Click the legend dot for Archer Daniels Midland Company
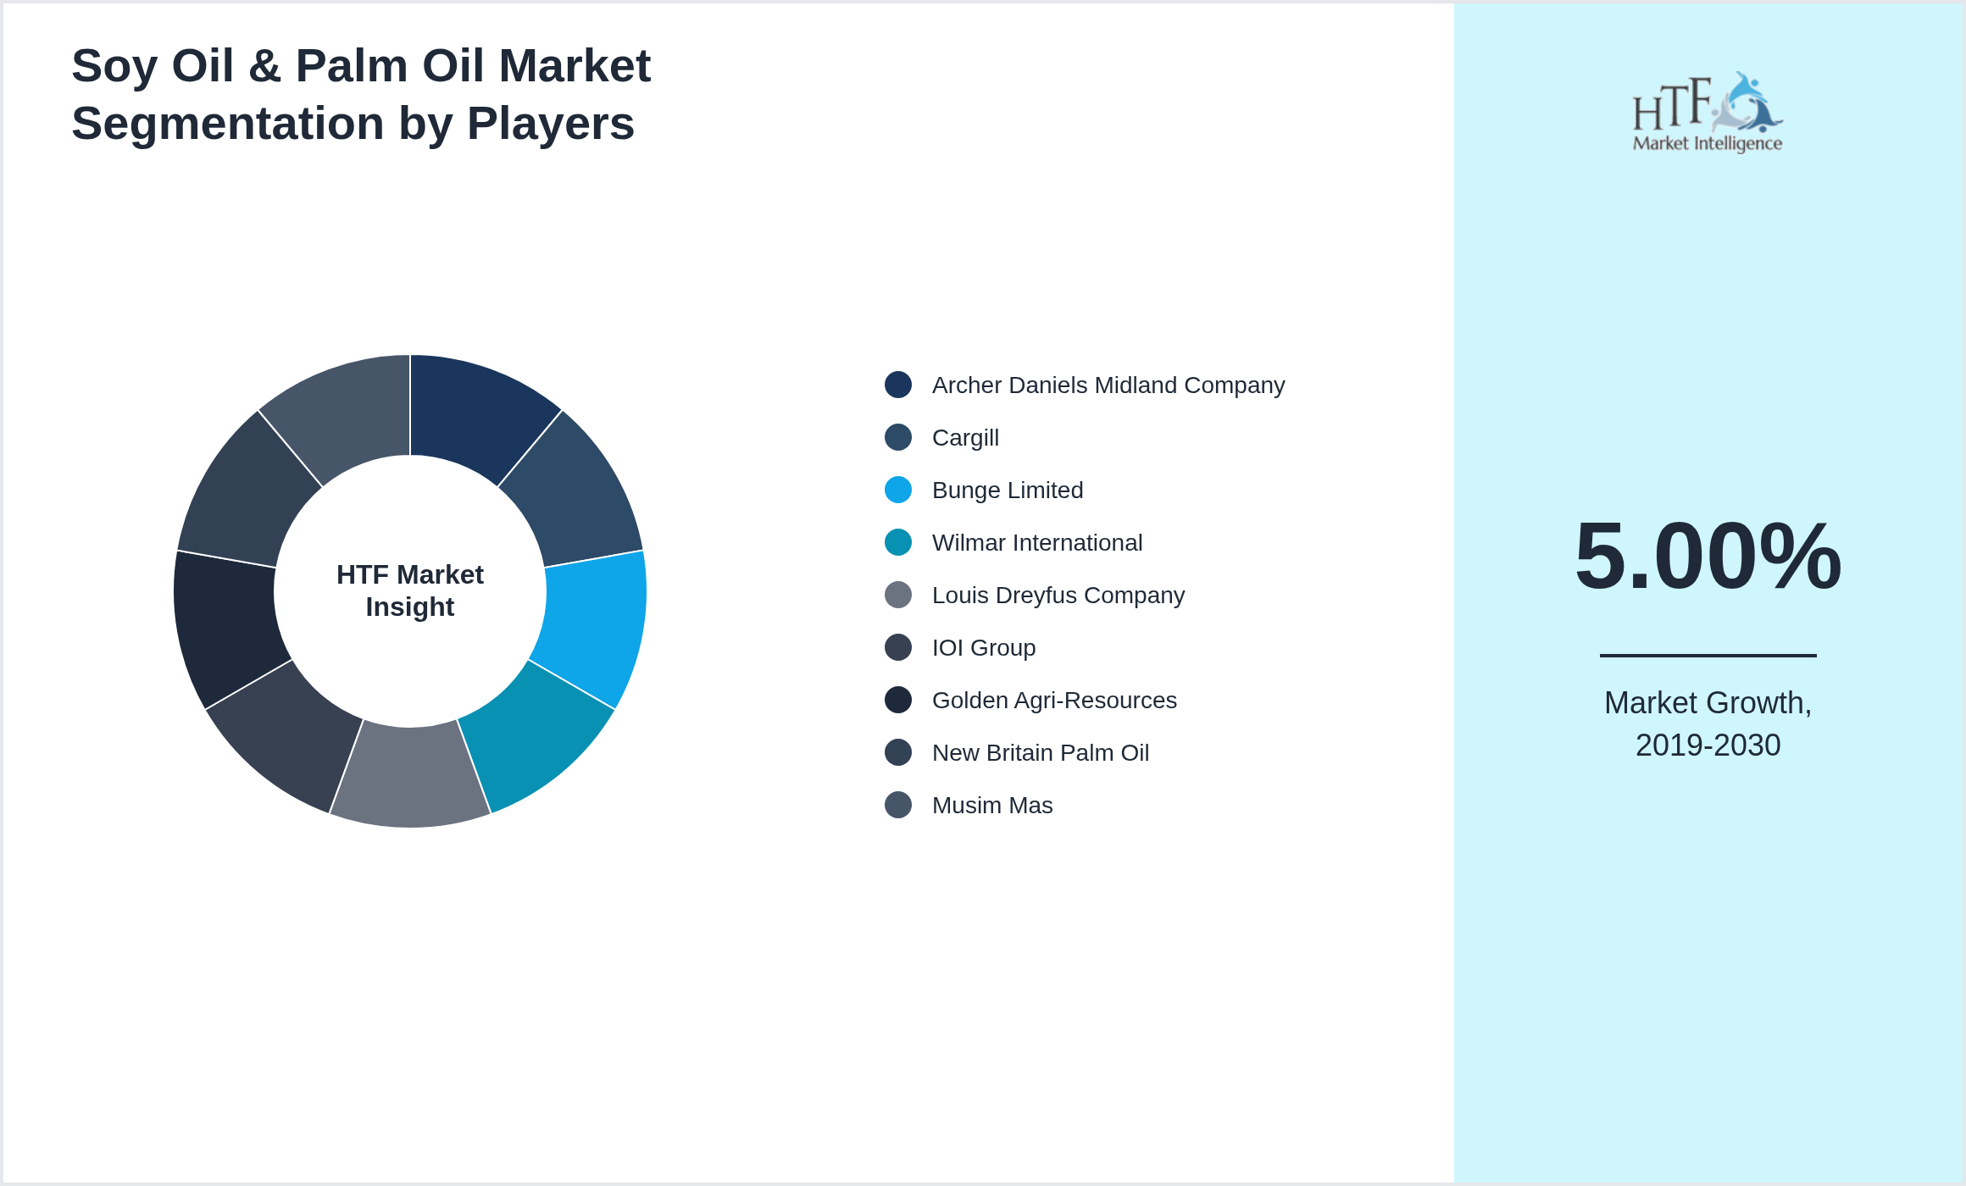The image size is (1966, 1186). tap(898, 385)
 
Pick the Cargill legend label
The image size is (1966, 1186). tap(965, 438)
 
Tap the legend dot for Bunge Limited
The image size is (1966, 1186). tap(898, 490)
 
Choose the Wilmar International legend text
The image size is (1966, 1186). tap(1036, 543)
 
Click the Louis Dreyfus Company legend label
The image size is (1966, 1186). tap(1058, 596)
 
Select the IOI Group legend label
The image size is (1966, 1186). tap(983, 648)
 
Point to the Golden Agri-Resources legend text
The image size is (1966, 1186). tap(1053, 701)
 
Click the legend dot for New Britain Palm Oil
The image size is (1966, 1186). tap(898, 752)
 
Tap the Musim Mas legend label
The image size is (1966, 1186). tap(991, 806)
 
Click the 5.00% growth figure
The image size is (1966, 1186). tap(1708, 557)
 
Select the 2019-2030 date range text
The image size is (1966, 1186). tap(1708, 745)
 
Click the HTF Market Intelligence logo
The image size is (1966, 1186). tap(1708, 113)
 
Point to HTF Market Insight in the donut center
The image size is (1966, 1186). tap(410, 590)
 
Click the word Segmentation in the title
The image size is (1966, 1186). tap(227, 124)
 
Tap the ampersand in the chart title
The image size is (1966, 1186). tap(264, 66)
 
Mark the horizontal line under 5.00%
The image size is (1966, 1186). tap(1708, 655)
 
